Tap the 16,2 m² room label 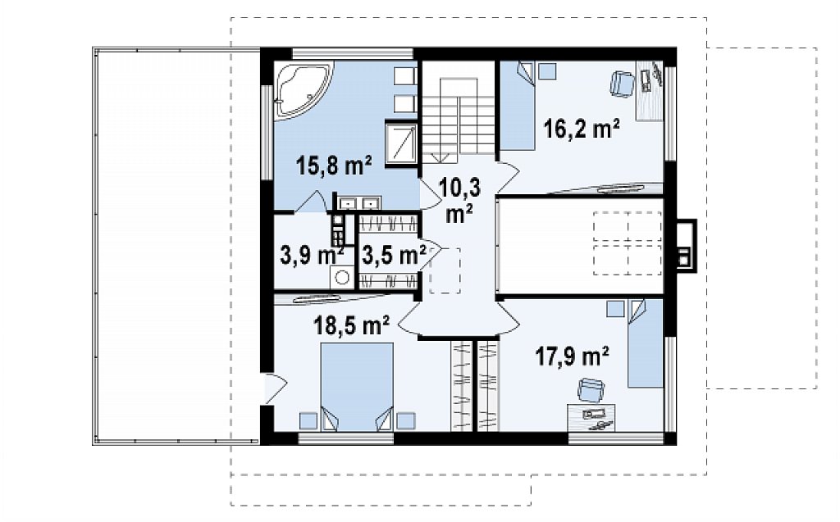(582, 129)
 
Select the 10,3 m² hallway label (459, 200)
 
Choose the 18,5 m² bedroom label (351, 325)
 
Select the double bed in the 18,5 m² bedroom (357, 387)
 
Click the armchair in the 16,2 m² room (622, 84)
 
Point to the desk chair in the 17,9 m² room (591, 389)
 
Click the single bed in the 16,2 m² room (518, 106)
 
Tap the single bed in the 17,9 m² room (646, 343)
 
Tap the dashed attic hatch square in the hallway (445, 270)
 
